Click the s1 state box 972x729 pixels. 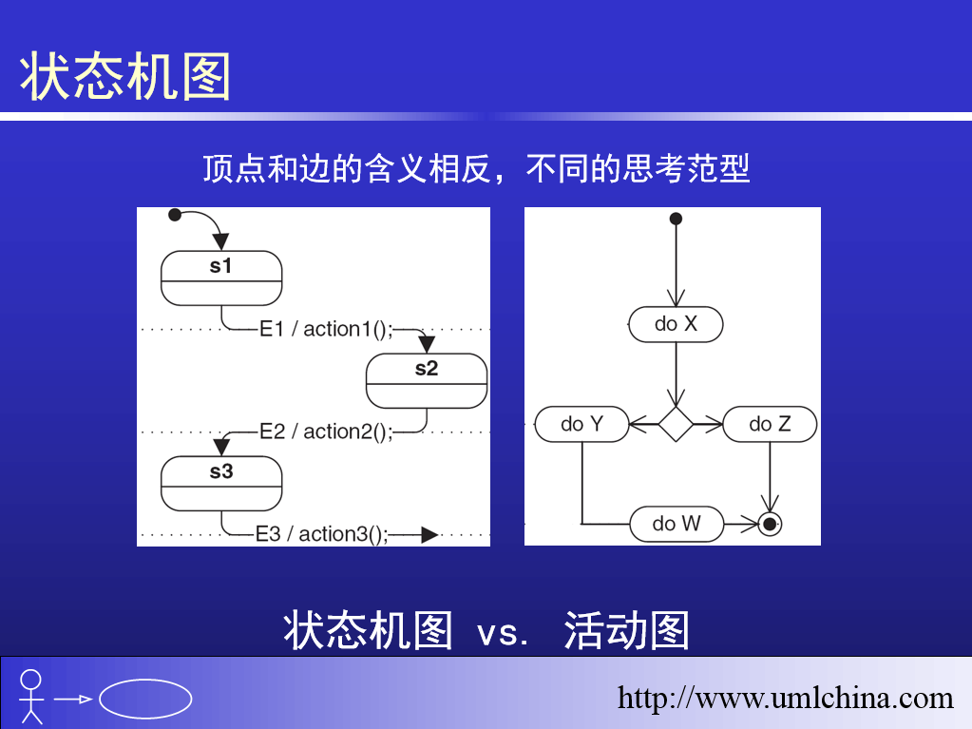221,278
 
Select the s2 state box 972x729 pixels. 427,380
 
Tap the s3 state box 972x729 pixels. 221,484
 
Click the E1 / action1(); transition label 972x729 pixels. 326,329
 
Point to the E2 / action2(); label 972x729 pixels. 326,432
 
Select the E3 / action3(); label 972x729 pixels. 322,534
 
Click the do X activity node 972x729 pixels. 676,324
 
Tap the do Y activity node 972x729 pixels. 582,424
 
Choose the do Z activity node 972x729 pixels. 770,424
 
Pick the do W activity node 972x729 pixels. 677,525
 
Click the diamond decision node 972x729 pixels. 676,424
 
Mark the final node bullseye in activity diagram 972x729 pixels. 770,525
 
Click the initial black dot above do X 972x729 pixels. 677,219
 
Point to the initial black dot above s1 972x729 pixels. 175,215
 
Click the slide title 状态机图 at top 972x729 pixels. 125,76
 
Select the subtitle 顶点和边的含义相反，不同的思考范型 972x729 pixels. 476,168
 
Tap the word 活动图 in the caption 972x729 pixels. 627,630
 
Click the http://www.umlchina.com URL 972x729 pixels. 785,698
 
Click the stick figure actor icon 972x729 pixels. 31,696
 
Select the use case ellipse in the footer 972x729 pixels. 145,699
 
